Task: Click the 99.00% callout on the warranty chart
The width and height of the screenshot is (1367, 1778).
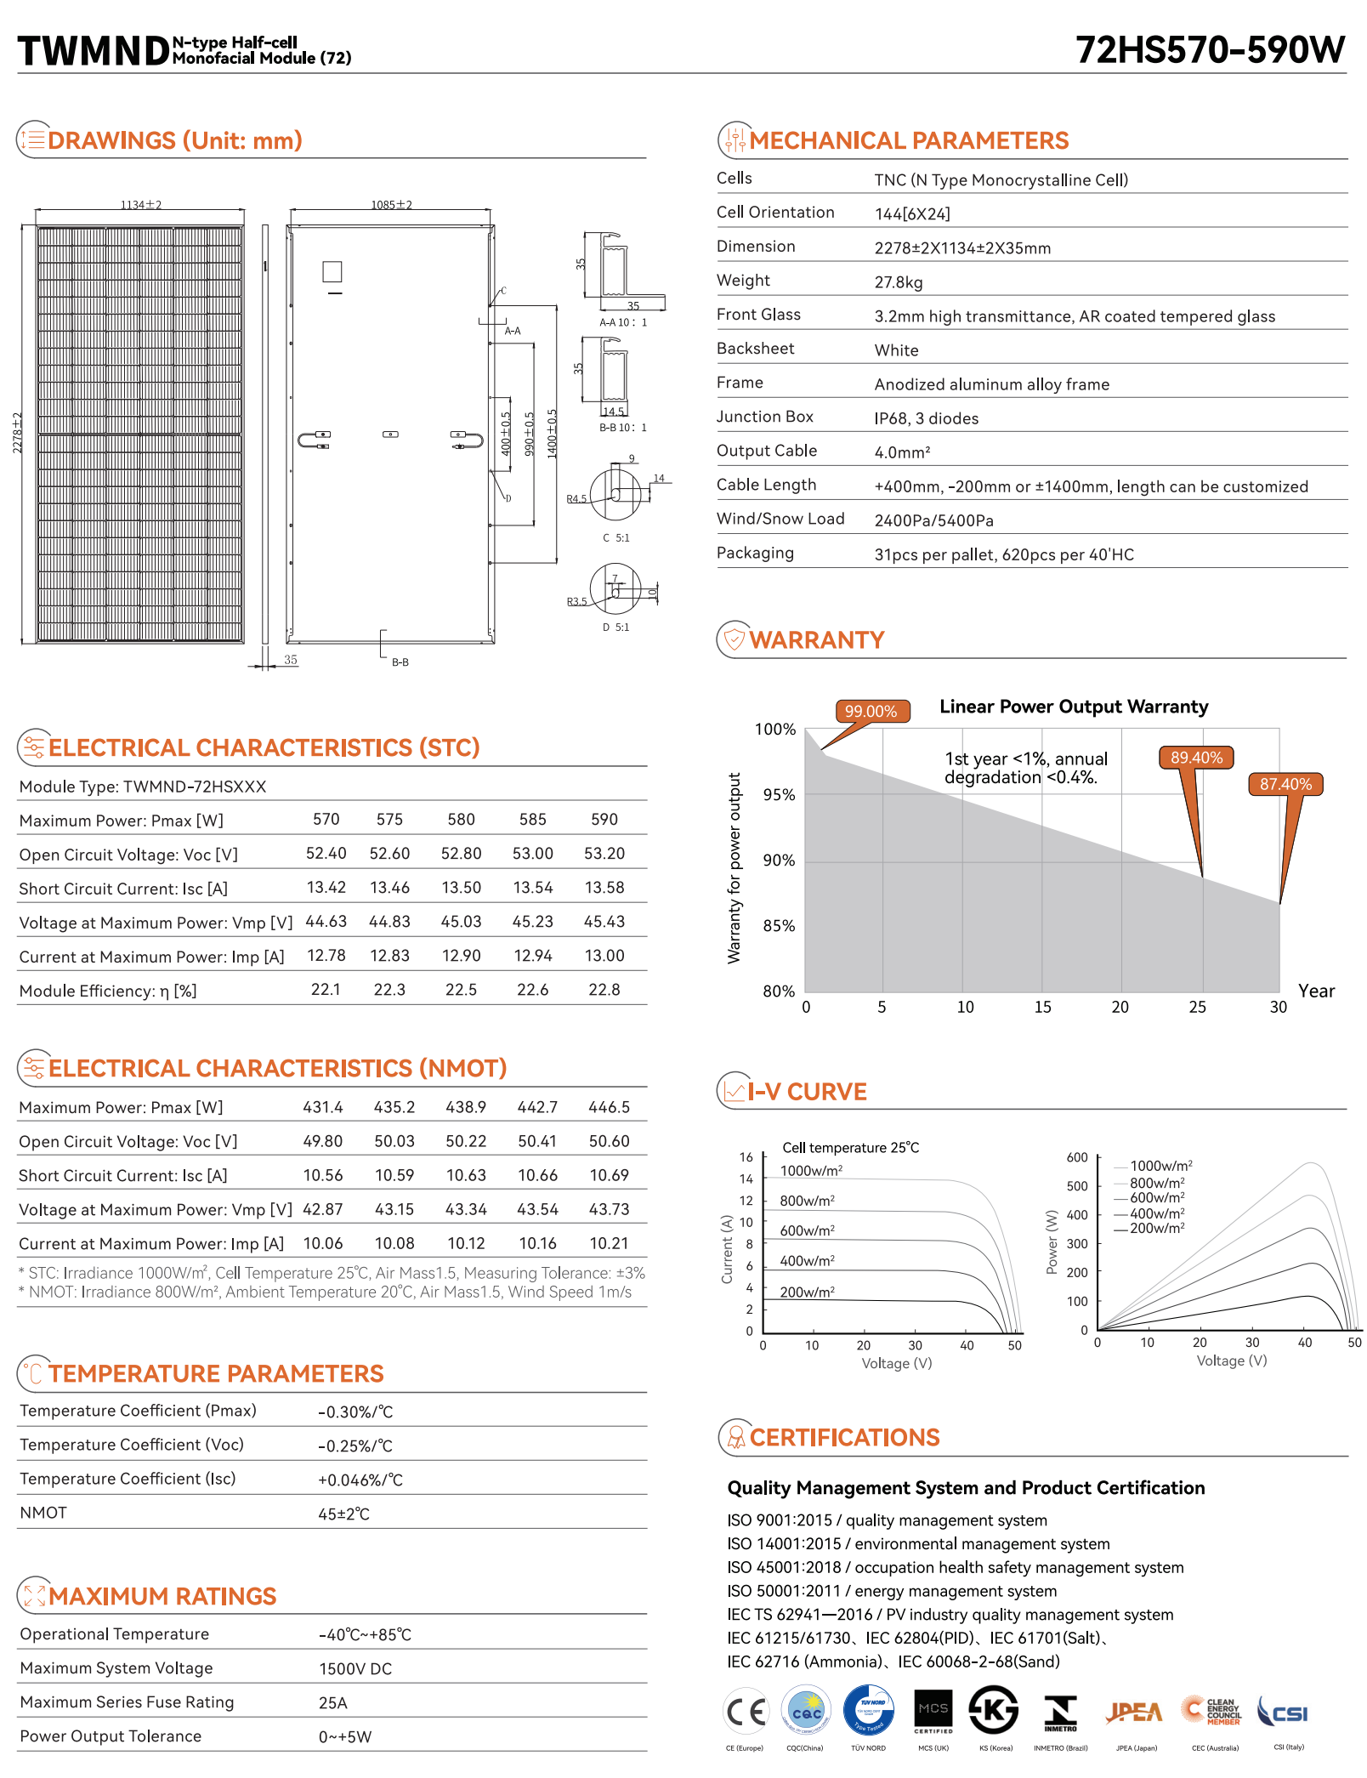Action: click(871, 711)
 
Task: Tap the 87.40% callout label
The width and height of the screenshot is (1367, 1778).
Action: click(1285, 784)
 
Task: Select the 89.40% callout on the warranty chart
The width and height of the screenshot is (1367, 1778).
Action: click(1196, 758)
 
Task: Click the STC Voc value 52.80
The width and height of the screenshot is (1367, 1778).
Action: click(461, 854)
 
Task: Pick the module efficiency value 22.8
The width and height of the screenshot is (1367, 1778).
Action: click(604, 990)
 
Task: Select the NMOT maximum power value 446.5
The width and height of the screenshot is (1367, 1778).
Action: click(609, 1107)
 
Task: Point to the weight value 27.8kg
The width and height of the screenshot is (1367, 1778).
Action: click(898, 282)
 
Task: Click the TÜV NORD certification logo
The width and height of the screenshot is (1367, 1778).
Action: click(868, 1710)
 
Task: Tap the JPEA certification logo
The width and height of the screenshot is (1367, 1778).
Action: click(1134, 1712)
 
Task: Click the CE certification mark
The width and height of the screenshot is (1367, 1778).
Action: click(746, 1711)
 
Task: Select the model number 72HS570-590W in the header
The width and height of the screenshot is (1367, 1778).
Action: click(1210, 50)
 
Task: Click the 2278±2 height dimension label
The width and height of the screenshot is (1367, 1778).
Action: click(17, 433)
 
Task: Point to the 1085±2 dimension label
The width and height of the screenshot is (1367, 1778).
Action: click(391, 205)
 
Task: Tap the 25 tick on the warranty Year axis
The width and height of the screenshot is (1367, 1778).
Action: click(1197, 1008)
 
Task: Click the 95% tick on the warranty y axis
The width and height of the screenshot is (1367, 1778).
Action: click(779, 795)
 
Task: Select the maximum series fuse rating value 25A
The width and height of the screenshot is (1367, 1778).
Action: click(333, 1703)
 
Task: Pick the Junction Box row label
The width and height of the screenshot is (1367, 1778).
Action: click(764, 417)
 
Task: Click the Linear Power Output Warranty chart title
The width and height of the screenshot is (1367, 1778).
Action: click(1073, 707)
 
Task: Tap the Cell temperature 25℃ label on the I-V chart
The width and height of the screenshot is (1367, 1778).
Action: click(850, 1148)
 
